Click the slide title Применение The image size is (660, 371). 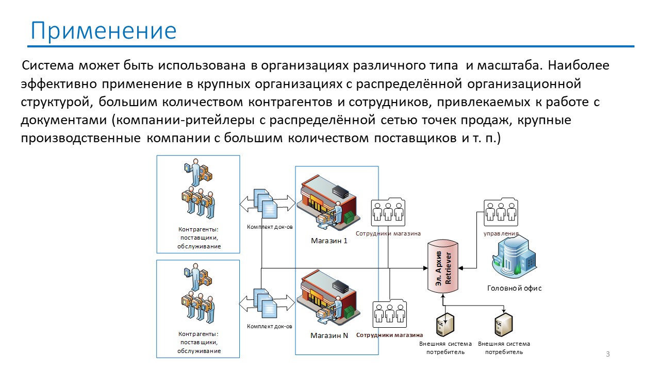pyautogui.click(x=104, y=31)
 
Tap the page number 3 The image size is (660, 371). pyautogui.click(x=608, y=354)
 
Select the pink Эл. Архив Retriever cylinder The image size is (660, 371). pyautogui.click(x=443, y=267)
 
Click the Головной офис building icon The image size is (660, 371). pyautogui.click(x=514, y=257)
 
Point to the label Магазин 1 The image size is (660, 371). pyautogui.click(x=329, y=241)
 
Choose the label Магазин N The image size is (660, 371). pyautogui.click(x=329, y=335)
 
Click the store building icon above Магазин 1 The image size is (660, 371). pyautogui.click(x=328, y=203)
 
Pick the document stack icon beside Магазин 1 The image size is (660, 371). pyautogui.click(x=266, y=204)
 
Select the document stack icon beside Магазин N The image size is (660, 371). pyautogui.click(x=265, y=303)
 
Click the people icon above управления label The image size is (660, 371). pyautogui.click(x=501, y=212)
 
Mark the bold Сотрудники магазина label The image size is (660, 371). pyautogui.click(x=389, y=335)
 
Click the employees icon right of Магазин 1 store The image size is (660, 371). pyautogui.click(x=388, y=212)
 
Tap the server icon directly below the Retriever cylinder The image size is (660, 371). pyautogui.click(x=445, y=325)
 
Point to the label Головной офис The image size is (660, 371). pyautogui.click(x=515, y=288)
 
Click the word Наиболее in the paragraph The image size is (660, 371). pyautogui.click(x=579, y=65)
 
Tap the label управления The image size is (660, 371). pyautogui.click(x=501, y=233)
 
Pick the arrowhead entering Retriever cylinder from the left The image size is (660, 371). pyautogui.click(x=425, y=268)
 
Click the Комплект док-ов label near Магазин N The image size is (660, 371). pyautogui.click(x=270, y=326)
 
